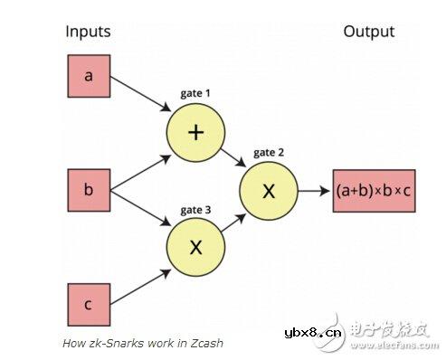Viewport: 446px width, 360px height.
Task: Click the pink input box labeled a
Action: pyautogui.click(x=88, y=76)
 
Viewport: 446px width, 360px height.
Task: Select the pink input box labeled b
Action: pyautogui.click(x=88, y=191)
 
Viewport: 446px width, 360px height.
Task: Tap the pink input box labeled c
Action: pyautogui.click(x=88, y=304)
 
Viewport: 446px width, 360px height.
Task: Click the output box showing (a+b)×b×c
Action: pyautogui.click(x=373, y=191)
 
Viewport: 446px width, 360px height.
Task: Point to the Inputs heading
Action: pyautogui.click(x=88, y=32)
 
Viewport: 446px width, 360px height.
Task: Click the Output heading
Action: pyautogui.click(x=368, y=32)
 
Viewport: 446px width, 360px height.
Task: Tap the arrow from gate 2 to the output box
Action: pyautogui.click(x=313, y=191)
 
